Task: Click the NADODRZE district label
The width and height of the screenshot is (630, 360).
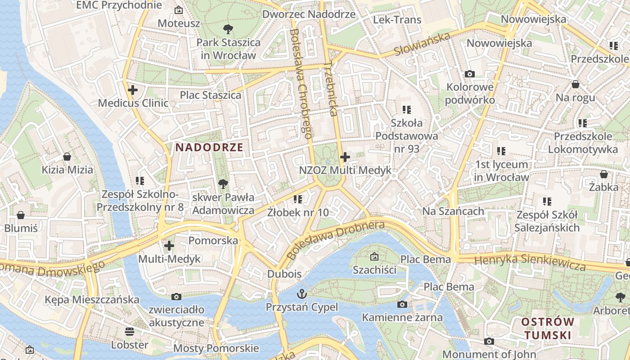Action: tap(209, 147)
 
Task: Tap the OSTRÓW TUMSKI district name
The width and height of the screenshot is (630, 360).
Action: tap(548, 328)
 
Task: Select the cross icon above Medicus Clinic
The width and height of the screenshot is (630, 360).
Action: tap(133, 90)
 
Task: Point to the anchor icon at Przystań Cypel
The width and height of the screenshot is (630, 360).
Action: tap(301, 294)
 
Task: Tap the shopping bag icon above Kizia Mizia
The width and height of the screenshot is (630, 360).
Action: tap(67, 157)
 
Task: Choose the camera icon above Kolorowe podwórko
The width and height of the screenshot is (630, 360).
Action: tap(470, 74)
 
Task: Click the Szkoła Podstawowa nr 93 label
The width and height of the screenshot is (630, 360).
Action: tap(407, 135)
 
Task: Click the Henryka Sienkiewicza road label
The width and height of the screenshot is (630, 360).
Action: tap(530, 262)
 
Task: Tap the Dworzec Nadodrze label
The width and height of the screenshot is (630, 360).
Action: tap(309, 14)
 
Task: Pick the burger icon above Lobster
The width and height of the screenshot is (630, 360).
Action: tap(130, 332)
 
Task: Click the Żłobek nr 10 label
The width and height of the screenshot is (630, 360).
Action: tap(297, 212)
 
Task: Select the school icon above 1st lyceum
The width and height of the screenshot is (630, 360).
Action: tap(501, 151)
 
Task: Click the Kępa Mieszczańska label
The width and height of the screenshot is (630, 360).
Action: tap(92, 299)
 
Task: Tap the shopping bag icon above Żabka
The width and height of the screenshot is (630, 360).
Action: tap(603, 174)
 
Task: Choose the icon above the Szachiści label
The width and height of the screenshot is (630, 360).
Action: tap(374, 256)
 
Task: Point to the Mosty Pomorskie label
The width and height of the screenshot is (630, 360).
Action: tap(216, 348)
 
